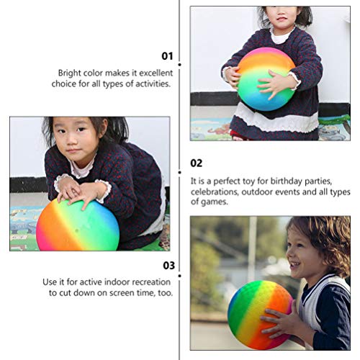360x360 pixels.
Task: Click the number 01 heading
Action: pyautogui.click(x=167, y=55)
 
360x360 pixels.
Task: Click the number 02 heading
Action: pyautogui.click(x=197, y=163)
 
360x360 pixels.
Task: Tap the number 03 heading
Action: pyautogui.click(x=167, y=265)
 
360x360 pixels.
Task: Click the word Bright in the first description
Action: pyautogui.click(x=71, y=73)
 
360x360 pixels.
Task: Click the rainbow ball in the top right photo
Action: pyautogui.click(x=266, y=78)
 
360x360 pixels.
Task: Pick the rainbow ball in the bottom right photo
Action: pyautogui.click(x=259, y=315)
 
